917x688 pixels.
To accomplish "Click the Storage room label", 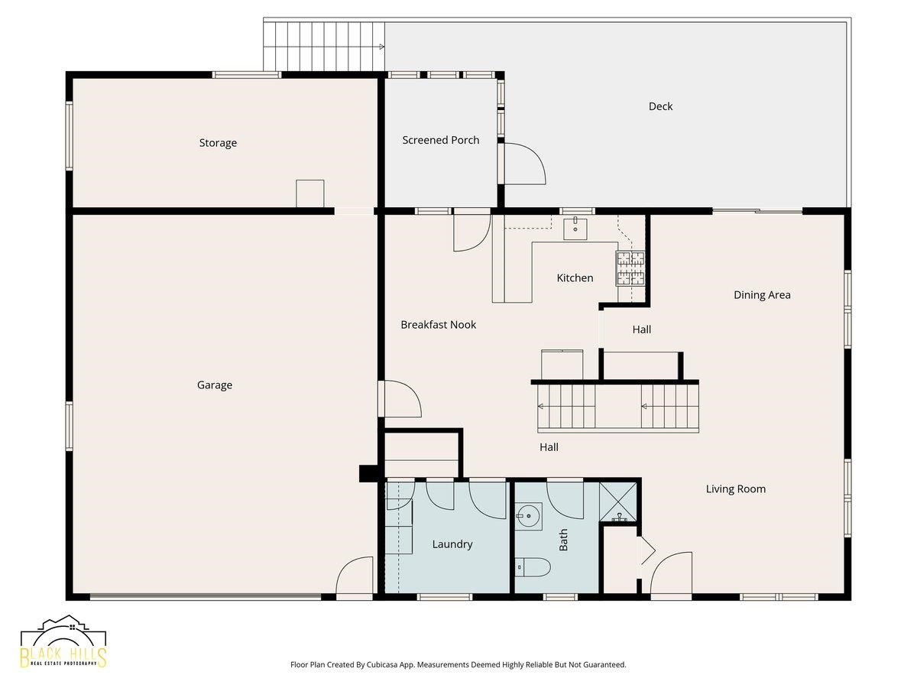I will [x=218, y=143].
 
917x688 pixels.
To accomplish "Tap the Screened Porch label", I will [x=441, y=140].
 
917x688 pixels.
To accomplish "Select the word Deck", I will [x=660, y=106].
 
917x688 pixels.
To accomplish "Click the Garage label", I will [x=215, y=385].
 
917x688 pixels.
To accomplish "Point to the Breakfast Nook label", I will [x=438, y=325].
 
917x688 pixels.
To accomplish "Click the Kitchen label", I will [x=575, y=278].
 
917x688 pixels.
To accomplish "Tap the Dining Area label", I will [x=762, y=295].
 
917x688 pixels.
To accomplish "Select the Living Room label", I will [x=735, y=489].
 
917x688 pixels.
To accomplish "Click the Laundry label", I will [x=452, y=544].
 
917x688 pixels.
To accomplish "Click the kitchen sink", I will [x=575, y=228].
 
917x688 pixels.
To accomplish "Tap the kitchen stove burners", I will [x=630, y=267].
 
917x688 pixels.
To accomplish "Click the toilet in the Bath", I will [x=533, y=567].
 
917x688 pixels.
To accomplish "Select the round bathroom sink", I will [x=528, y=516].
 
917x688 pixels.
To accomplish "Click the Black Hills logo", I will [x=63, y=642].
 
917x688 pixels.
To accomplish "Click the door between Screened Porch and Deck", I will [x=521, y=164].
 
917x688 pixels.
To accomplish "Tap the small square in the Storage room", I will [x=309, y=193].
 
